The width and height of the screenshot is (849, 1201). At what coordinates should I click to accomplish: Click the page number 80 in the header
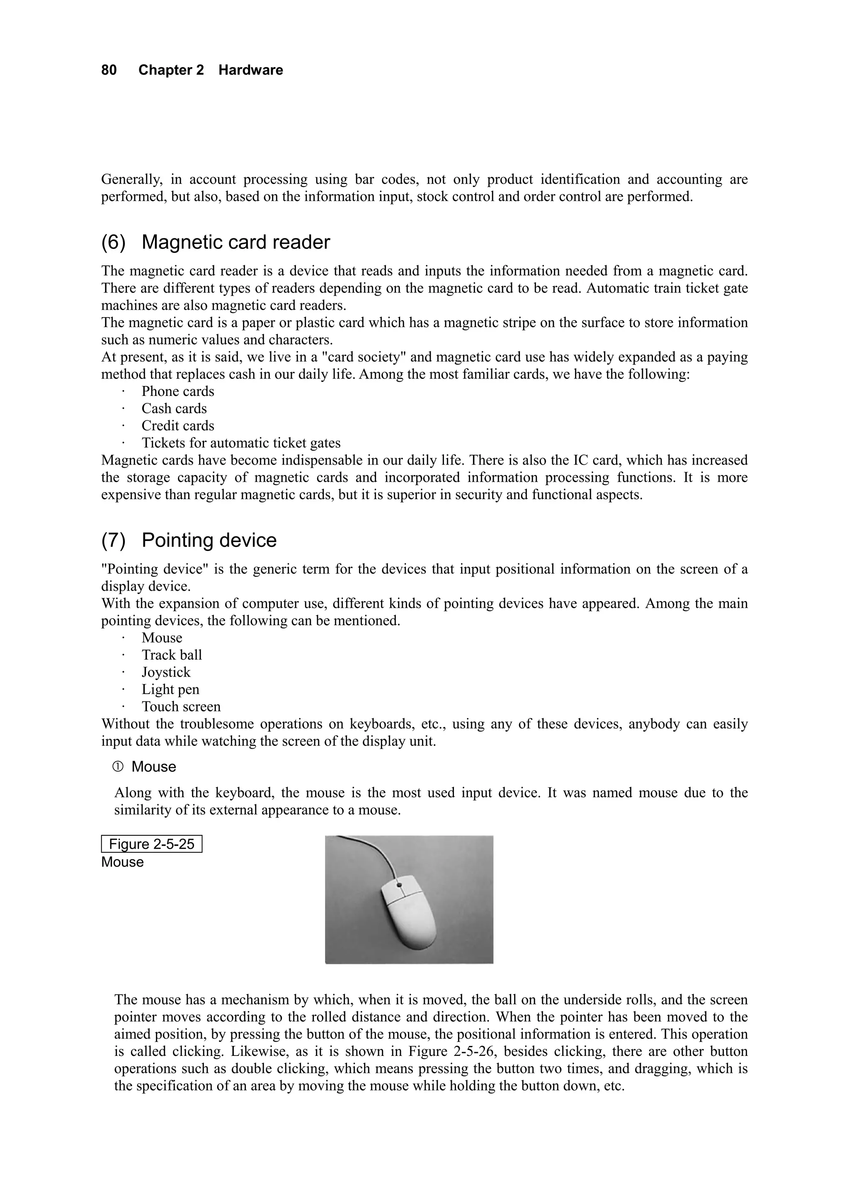(x=109, y=70)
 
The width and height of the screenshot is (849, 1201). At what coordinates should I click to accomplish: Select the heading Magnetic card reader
(x=235, y=242)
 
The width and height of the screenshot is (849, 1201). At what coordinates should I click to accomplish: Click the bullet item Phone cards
(x=178, y=391)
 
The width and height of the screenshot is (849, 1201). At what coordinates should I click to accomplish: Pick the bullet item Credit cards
(x=178, y=426)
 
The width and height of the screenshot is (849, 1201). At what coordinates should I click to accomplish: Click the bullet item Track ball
(x=172, y=655)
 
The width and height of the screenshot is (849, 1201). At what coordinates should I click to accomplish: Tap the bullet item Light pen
(x=170, y=689)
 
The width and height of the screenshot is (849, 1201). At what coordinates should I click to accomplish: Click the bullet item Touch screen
(x=181, y=707)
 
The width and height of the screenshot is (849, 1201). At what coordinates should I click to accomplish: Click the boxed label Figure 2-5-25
(x=152, y=844)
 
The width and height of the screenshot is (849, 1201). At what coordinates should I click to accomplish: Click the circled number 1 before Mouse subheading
(x=118, y=767)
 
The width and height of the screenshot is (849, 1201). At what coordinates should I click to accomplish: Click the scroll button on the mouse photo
(x=400, y=886)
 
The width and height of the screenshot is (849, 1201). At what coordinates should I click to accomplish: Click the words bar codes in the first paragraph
(x=385, y=180)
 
